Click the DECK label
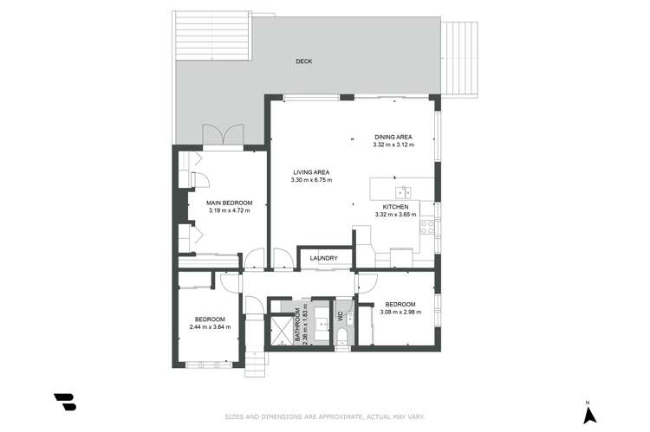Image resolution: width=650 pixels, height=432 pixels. tap(303, 61)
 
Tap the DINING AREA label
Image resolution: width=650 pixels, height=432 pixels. tap(393, 137)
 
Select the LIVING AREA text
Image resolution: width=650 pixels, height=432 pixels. tap(310, 172)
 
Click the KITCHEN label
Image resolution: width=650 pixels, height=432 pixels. tap(396, 207)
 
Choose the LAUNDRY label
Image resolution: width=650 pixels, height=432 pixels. tap(322, 257)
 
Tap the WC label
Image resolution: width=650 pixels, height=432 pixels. tap(341, 319)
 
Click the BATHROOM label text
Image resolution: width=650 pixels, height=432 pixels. tap(297, 325)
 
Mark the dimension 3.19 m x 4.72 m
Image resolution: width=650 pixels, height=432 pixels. tap(224, 210)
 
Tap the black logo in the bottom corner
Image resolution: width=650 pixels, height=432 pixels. tap(64, 403)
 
